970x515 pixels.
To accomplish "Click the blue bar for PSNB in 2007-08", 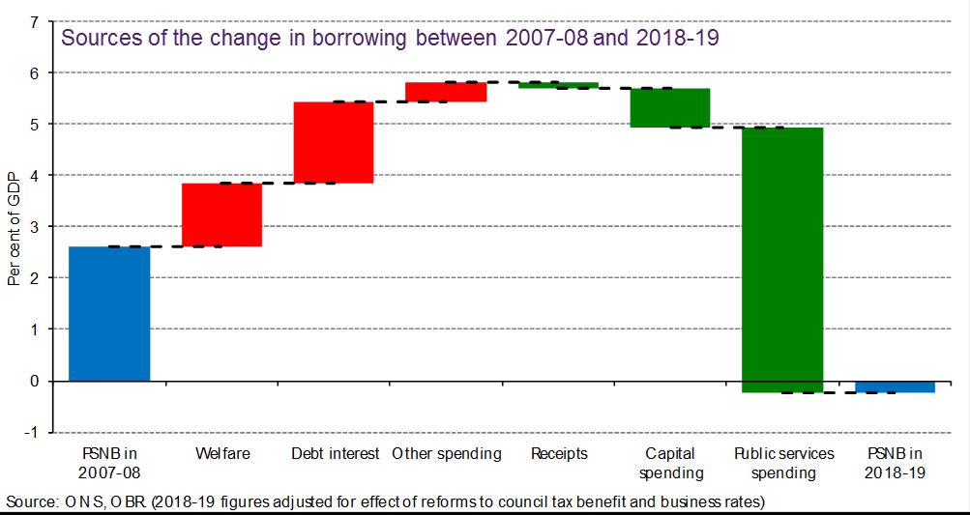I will tap(109, 313).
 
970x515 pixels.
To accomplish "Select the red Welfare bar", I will tap(221, 215).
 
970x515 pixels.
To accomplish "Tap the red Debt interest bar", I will tap(334, 142).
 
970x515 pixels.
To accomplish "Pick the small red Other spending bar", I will tap(446, 92).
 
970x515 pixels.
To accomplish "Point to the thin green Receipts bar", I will tap(558, 85).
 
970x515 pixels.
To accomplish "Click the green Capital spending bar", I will tap(670, 107).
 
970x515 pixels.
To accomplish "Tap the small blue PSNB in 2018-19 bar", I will tap(895, 386).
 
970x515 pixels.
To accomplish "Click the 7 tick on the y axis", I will tap(35, 22).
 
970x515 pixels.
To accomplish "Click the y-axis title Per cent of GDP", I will tap(14, 228).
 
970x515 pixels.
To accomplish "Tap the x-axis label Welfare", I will tap(221, 453).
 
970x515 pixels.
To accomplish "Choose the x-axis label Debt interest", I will tap(335, 453).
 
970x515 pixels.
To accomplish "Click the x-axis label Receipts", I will tap(559, 453).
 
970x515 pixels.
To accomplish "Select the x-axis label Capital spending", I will tap(670, 463).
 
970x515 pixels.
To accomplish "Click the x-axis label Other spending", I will tap(447, 453).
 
